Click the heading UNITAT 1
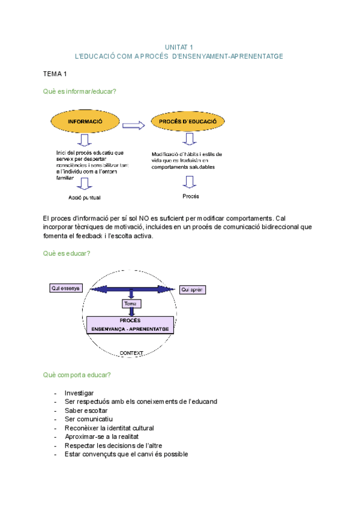pos(179,47)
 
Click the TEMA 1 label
pos(55,73)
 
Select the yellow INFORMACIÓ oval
pos(85,122)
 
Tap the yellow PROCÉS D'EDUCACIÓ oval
pos(187,122)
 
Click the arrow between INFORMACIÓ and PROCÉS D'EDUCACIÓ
pos(137,125)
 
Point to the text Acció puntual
pos(85,197)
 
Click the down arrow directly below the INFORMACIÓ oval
pos(85,140)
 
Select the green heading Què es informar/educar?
pos(79,91)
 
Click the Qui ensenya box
pos(65,289)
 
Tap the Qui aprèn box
pos(193,289)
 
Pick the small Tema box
pos(130,304)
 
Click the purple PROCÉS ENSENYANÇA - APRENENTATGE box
pos(130,325)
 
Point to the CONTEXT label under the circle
pos(131,353)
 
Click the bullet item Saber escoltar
pos(86,411)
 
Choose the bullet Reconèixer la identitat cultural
pos(109,428)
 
